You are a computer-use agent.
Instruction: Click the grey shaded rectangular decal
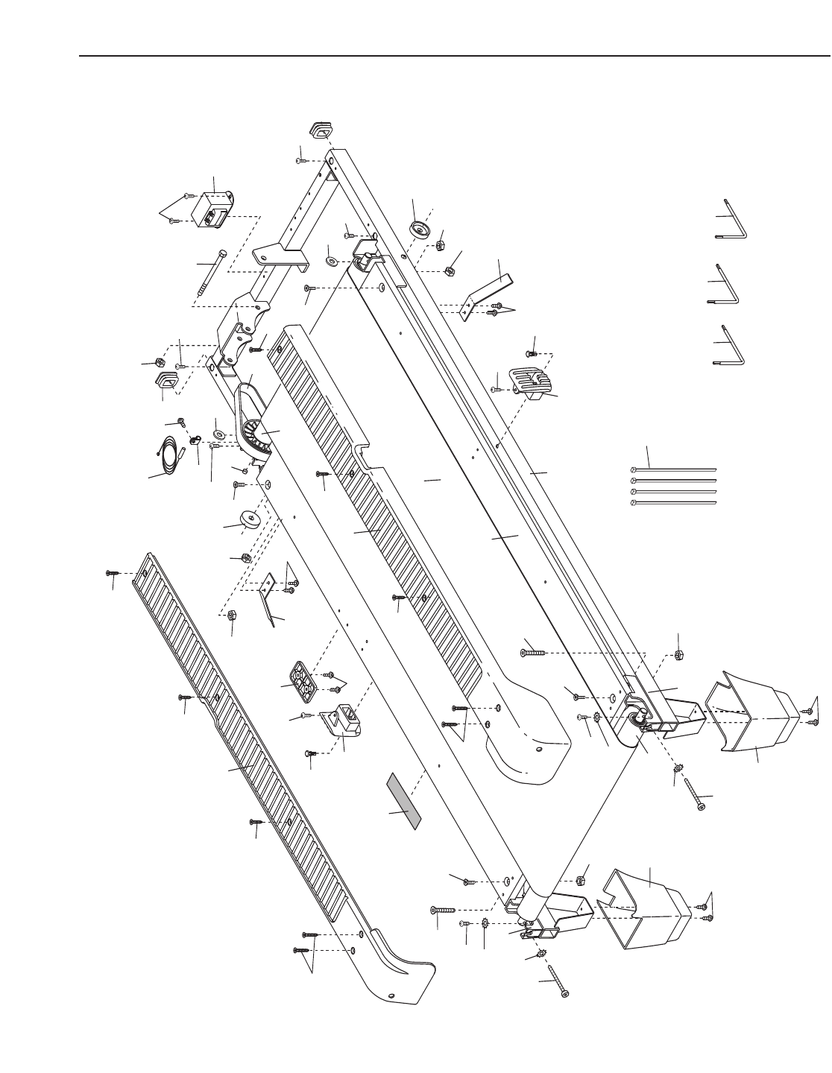tap(403, 801)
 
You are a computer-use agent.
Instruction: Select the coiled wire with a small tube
tap(171, 452)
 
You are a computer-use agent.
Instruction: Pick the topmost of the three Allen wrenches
tap(734, 219)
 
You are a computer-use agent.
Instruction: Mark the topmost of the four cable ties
tap(673, 470)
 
